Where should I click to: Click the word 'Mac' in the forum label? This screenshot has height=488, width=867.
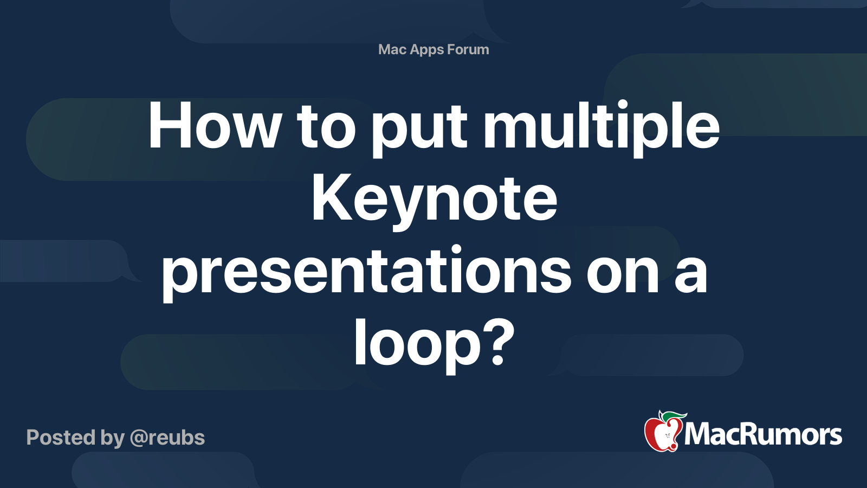coord(391,49)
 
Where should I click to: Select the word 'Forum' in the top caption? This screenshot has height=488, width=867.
coord(468,49)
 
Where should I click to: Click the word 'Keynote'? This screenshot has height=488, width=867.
coord(434,201)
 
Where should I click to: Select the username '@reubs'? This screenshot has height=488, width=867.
coord(167,438)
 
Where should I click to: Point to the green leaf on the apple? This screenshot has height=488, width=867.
coord(674,417)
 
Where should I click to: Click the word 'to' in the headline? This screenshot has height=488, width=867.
coord(326,127)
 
